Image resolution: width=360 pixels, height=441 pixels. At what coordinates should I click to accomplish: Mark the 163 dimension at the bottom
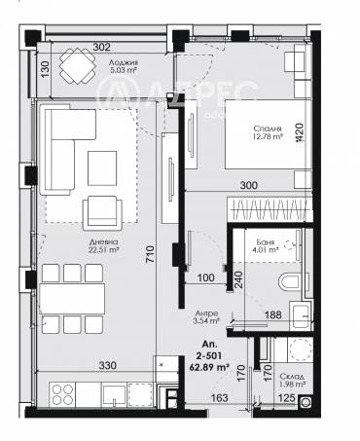(x=221, y=397)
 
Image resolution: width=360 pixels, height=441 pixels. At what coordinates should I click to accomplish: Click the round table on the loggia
(x=76, y=66)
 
